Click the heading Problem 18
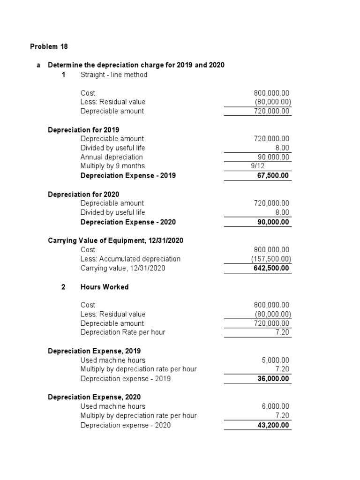(x=49, y=46)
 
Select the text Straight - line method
(x=114, y=75)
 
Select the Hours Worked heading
(x=105, y=287)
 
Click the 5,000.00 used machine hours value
(x=275, y=360)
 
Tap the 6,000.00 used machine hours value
(x=275, y=406)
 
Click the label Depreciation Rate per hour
(x=123, y=332)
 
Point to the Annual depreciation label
(x=112, y=157)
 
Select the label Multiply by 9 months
(x=112, y=166)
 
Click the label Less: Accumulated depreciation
(x=130, y=259)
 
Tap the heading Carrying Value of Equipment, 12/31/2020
(x=115, y=240)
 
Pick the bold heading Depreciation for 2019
(x=83, y=129)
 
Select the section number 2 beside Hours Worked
(x=63, y=287)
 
